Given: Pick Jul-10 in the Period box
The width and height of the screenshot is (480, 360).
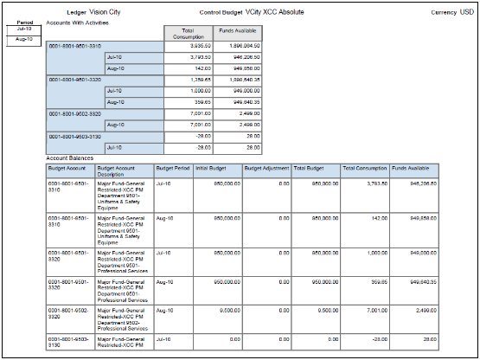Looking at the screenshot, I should click(x=23, y=29).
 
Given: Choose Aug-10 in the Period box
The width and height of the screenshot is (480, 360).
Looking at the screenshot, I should click(x=23, y=39).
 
